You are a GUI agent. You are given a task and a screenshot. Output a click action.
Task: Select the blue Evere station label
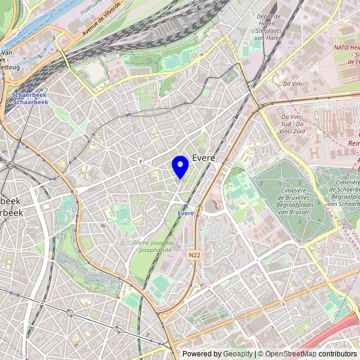click(x=186, y=214)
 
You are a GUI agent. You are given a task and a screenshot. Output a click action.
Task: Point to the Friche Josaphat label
click(x=154, y=242)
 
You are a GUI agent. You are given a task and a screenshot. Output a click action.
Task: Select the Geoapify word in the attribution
click(x=237, y=354)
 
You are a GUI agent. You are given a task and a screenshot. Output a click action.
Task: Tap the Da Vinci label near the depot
click(x=295, y=83)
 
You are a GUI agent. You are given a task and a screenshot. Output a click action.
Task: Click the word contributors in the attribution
click(x=337, y=354)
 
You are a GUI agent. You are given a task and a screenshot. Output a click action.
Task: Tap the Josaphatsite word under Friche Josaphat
click(x=154, y=250)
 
